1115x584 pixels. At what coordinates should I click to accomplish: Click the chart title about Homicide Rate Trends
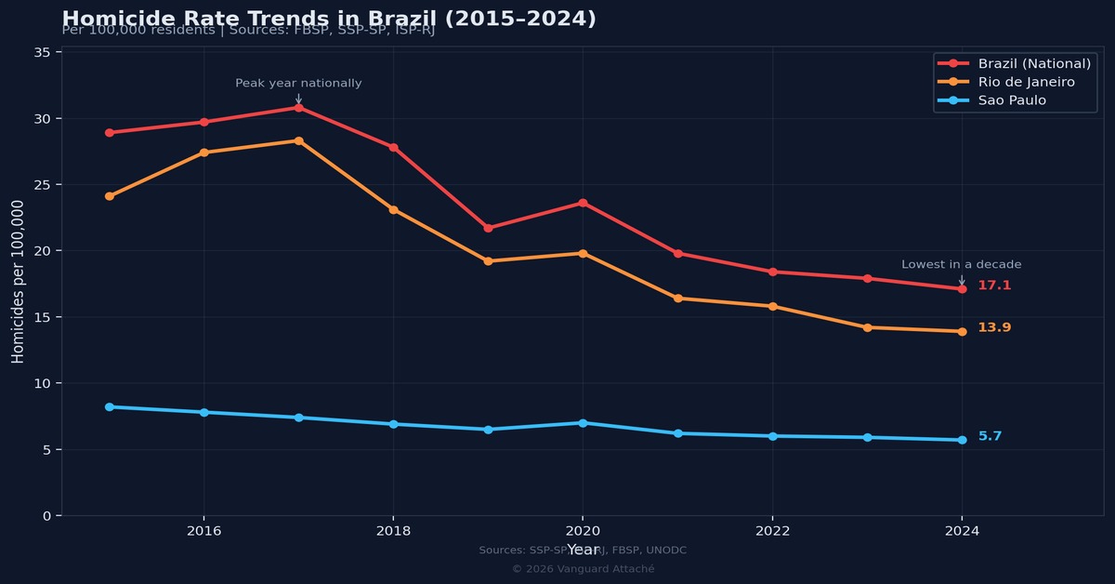click(x=329, y=19)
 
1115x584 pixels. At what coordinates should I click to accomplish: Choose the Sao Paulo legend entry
click(x=1012, y=100)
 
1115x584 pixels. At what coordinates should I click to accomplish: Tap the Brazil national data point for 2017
click(x=298, y=108)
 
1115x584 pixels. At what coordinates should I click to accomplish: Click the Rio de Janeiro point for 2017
click(x=298, y=140)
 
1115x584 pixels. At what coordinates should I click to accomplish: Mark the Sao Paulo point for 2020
click(x=583, y=423)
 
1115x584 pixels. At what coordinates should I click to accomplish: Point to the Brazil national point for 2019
click(x=488, y=228)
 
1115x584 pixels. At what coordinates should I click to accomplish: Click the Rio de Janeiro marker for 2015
click(x=109, y=196)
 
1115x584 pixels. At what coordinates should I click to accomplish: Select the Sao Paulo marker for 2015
click(x=109, y=406)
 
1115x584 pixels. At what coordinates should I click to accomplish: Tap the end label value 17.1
click(x=994, y=285)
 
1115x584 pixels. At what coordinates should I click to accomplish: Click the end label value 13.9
click(x=994, y=327)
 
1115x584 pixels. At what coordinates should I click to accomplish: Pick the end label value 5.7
click(x=990, y=436)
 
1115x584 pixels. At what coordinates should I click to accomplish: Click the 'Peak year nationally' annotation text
click(x=298, y=83)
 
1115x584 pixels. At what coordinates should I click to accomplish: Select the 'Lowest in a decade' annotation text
click(x=961, y=265)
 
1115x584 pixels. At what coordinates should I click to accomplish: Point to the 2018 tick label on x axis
click(x=393, y=531)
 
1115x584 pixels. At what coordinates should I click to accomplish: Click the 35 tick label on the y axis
click(x=42, y=53)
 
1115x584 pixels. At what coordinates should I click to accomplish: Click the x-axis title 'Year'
click(x=583, y=550)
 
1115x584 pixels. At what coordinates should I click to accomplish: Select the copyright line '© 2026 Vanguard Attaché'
click(x=583, y=569)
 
